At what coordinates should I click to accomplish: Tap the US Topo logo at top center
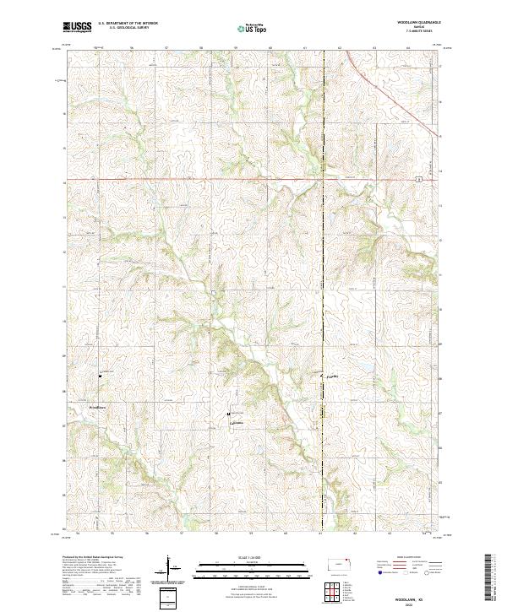point(253,29)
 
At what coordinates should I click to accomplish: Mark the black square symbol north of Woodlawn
point(101,375)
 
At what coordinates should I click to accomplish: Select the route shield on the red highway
point(417,178)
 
